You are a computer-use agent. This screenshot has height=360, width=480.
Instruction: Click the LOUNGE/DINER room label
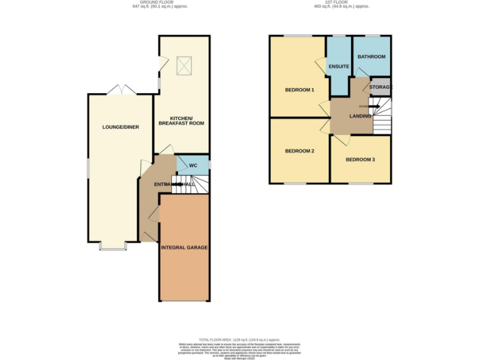121,127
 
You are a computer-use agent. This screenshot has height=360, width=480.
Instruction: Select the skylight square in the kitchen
184,64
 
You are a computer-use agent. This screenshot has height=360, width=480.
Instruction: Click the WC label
193,166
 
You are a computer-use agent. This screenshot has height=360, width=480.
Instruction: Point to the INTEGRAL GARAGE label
184,247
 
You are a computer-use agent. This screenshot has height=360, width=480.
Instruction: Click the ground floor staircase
184,184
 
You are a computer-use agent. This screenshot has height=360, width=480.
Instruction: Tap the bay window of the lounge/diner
112,247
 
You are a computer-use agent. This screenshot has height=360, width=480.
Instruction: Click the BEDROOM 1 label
299,90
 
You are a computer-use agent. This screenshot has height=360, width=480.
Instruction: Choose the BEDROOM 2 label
299,151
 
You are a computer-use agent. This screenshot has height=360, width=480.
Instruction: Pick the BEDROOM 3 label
360,160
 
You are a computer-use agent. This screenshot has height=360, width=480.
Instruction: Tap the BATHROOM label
371,57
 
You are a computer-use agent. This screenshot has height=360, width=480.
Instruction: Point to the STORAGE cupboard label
380,87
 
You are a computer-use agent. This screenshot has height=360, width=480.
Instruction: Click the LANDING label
360,116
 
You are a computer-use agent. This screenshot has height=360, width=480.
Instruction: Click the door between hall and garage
155,215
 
